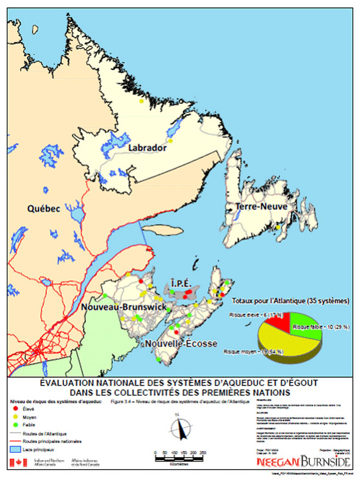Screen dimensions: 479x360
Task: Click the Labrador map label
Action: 147,148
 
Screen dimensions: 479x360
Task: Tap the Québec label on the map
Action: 43,209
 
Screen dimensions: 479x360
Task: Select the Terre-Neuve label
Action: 261,207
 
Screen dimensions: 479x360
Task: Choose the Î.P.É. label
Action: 184,284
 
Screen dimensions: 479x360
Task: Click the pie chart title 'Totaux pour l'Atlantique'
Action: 290,301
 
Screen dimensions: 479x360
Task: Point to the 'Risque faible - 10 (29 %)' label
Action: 321,328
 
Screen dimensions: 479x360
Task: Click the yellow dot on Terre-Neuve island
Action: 278,228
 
